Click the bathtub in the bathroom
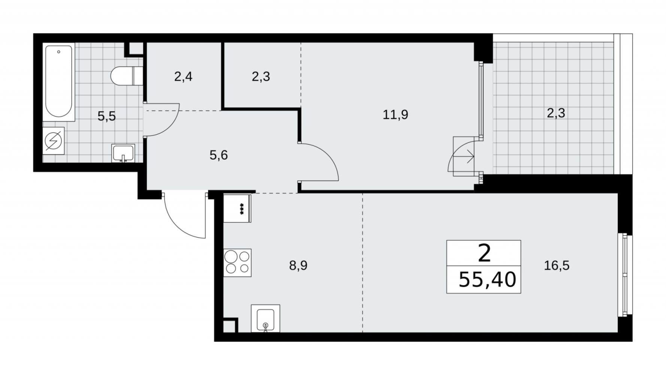[59, 82]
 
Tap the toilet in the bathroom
[127, 76]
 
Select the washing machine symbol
[54, 141]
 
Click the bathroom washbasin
[123, 153]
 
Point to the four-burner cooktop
[237, 262]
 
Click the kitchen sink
[266, 318]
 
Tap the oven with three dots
[237, 208]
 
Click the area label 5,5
[107, 116]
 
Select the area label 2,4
[183, 76]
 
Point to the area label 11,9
[395, 114]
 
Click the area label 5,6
[219, 155]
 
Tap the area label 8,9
[298, 265]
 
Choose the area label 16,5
[557, 265]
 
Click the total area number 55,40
[487, 279]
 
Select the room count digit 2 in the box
[484, 253]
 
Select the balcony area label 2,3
[556, 113]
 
